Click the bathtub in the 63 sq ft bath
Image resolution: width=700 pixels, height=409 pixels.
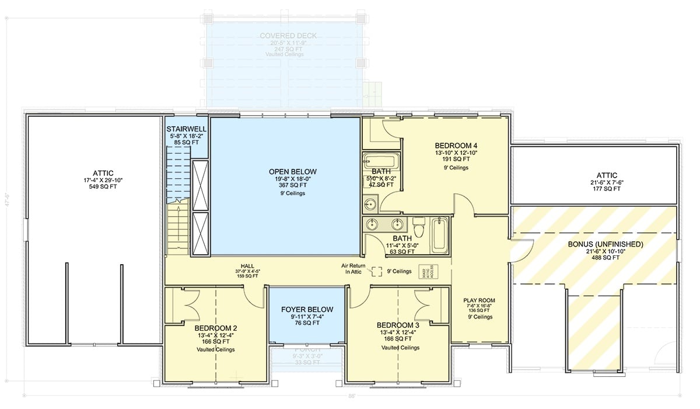pyautogui.click(x=440, y=235)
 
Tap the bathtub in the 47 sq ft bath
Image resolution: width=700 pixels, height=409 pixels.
pyautogui.click(x=380, y=161)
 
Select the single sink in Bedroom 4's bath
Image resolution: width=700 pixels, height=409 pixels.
pyautogui.click(x=370, y=204)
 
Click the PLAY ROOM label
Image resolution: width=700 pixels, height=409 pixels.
pyautogui.click(x=479, y=300)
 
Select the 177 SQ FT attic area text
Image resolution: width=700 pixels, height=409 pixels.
pyautogui.click(x=603, y=189)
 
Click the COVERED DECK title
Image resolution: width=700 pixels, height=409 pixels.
pyautogui.click(x=288, y=36)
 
